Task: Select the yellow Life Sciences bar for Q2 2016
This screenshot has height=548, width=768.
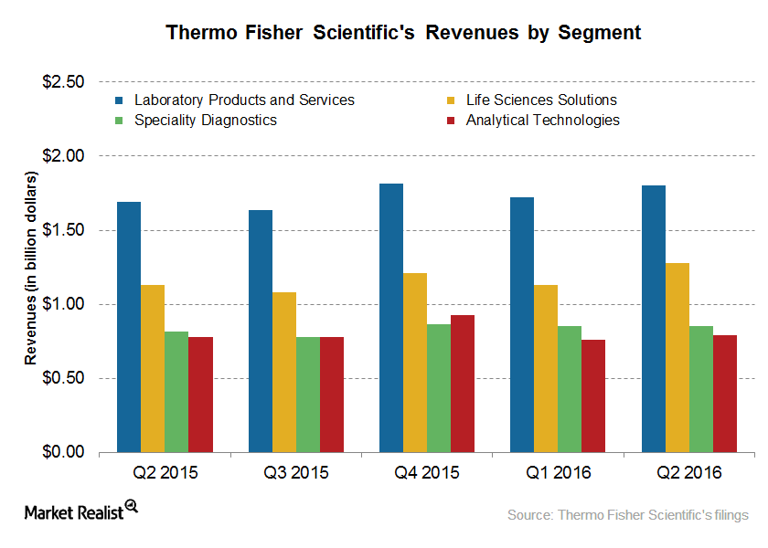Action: [677, 357]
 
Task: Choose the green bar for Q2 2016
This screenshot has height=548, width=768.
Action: [701, 389]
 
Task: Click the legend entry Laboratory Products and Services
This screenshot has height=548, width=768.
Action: [243, 100]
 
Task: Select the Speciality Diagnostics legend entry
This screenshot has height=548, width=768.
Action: [205, 120]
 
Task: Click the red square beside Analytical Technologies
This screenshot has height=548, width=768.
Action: [453, 120]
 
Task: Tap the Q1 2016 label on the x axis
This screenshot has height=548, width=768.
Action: [558, 473]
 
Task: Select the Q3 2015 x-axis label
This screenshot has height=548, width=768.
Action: [296, 473]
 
